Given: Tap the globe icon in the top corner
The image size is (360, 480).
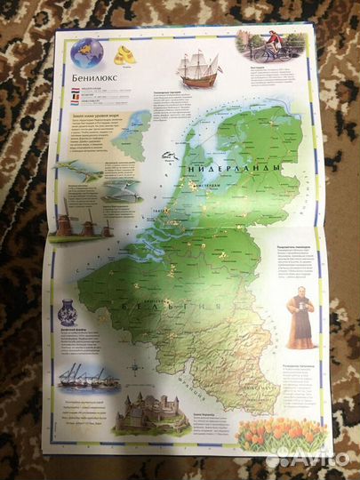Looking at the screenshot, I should coord(86,52).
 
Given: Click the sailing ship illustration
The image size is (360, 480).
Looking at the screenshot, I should coord(197,67).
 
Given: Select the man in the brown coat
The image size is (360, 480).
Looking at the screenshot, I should coord(300,316).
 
